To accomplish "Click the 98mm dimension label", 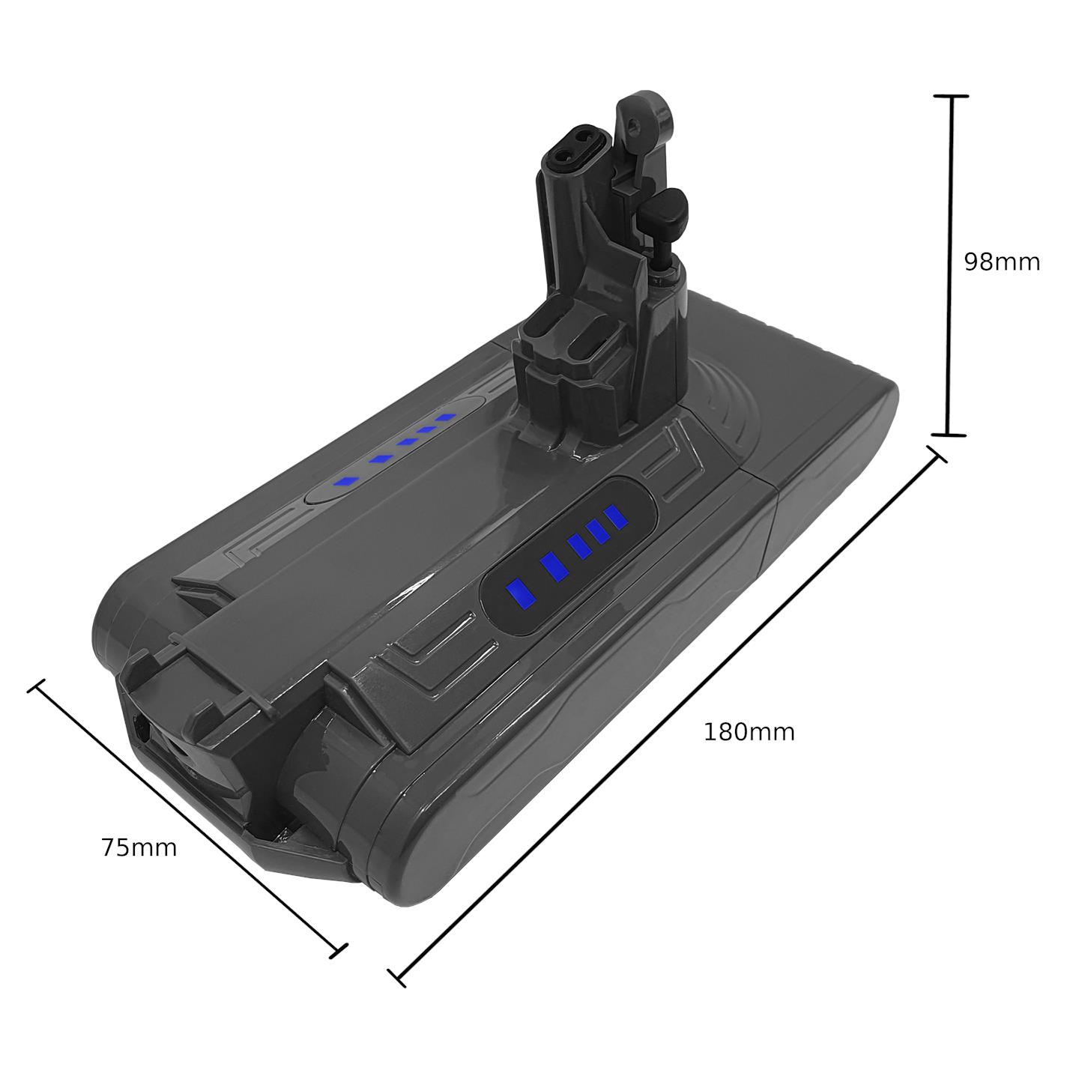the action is (1002, 262).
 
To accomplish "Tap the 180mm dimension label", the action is (749, 732).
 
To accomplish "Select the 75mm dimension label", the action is (139, 847).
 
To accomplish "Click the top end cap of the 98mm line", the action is (951, 97).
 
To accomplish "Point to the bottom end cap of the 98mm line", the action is (948, 435).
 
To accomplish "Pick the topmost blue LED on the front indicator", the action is (616, 517).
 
